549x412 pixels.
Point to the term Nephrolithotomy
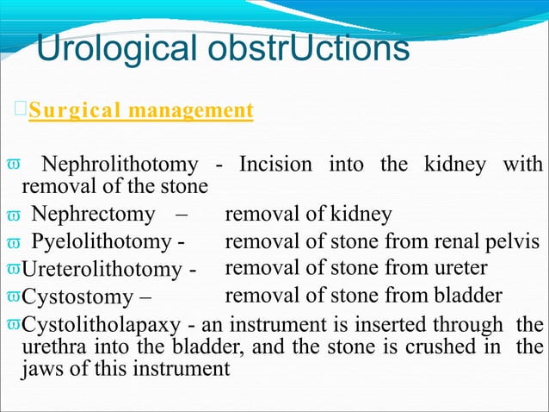point(121,164)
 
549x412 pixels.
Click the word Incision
point(279,164)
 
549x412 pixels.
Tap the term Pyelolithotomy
point(102,241)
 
